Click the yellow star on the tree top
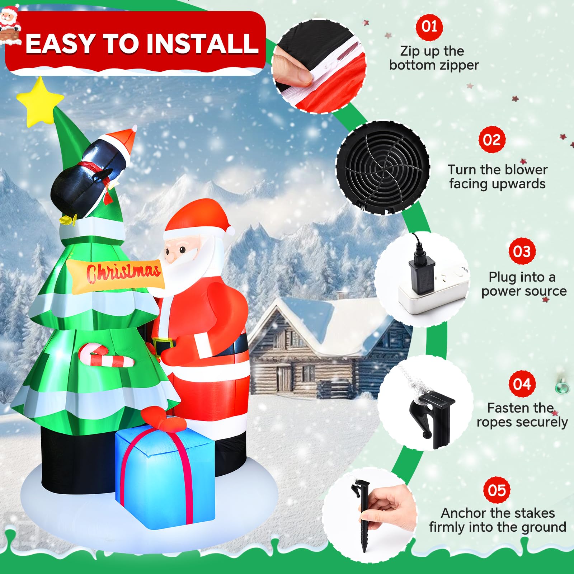tap(40, 102)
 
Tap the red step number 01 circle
tap(429, 27)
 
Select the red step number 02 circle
tap(491, 140)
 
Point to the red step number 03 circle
tap(522, 251)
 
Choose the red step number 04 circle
tap(522, 384)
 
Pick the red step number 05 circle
tap(497, 490)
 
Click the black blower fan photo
tap(383, 168)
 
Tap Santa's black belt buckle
tap(163, 343)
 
